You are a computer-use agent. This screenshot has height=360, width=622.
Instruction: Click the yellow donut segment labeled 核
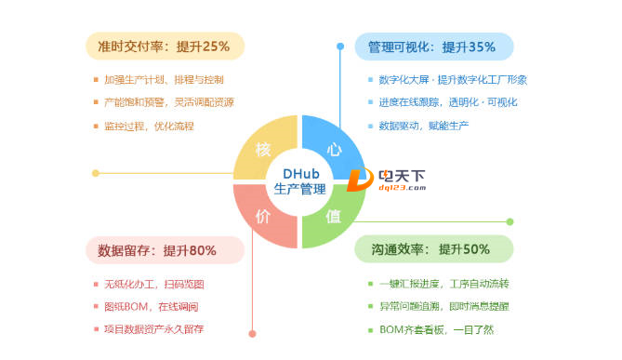coord(264,150)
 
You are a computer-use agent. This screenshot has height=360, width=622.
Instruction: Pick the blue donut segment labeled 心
coord(334,150)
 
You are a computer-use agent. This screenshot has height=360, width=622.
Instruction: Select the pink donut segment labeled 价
coord(264,217)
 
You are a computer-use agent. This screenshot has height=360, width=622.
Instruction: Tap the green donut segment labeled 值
coord(334,217)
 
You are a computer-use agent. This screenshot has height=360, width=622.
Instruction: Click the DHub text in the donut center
coord(299,173)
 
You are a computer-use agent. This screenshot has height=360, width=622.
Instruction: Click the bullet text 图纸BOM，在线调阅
coord(152,306)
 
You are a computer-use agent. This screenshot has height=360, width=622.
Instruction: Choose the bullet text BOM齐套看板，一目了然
coord(437,329)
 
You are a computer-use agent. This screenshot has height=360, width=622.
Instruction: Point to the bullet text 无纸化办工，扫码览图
coord(154,284)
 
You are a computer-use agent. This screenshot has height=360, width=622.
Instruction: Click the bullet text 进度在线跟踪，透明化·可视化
coord(448,102)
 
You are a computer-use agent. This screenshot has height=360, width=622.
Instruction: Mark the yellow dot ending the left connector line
coord(96,173)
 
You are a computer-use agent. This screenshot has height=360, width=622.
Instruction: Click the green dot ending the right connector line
coord(510,221)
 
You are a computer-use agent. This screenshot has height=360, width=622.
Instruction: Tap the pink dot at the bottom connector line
coord(252,333)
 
